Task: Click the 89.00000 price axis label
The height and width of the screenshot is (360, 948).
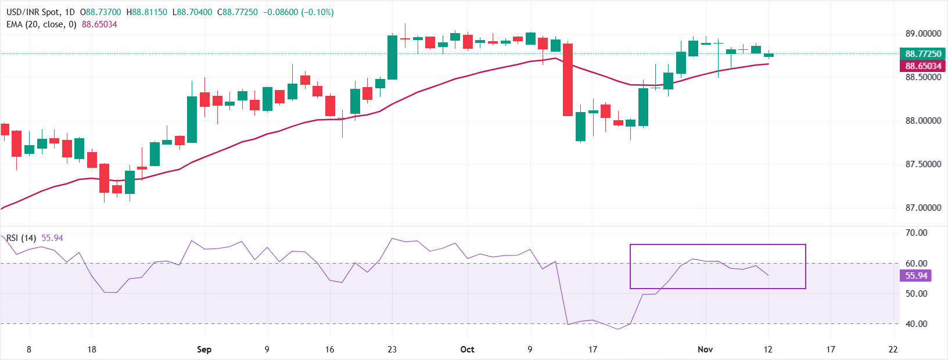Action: pos(923,34)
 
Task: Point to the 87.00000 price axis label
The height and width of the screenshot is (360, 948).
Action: pos(923,207)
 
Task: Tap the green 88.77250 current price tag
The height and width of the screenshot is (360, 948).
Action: pos(923,54)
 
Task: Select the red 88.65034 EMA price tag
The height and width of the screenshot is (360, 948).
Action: pos(923,66)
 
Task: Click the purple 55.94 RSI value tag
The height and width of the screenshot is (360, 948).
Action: pos(916,276)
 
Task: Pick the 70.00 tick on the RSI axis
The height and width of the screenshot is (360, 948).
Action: pos(916,233)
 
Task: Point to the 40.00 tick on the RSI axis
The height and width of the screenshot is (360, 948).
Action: pos(916,324)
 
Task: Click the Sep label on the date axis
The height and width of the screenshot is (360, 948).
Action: pos(204,350)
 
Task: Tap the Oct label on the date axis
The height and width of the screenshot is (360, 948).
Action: pos(467,350)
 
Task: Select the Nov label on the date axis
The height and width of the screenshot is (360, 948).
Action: pos(705,350)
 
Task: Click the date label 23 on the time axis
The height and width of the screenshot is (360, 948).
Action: pos(392,350)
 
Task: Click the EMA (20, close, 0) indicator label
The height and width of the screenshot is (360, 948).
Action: pos(41,24)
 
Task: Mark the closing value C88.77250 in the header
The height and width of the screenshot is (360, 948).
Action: pos(237,12)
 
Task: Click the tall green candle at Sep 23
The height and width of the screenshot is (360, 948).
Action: pos(393,57)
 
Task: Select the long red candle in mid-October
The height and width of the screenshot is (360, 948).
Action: pos(568,80)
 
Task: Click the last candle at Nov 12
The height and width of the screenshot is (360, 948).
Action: pos(769,55)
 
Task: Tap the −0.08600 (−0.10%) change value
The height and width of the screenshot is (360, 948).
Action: pos(298,12)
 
